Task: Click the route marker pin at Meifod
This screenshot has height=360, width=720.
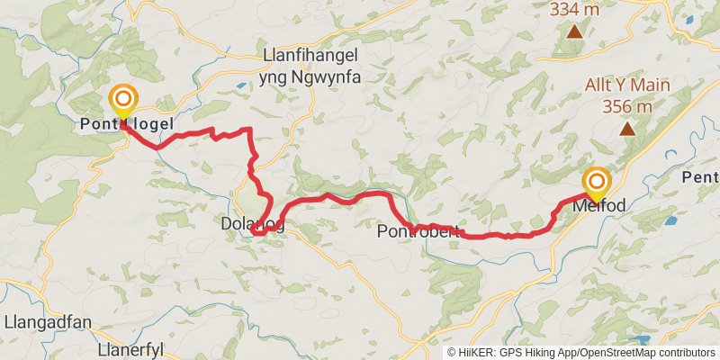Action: pos(595,183)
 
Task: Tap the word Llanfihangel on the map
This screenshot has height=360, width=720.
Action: pos(310,57)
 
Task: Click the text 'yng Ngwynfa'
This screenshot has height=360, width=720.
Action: pos(310,77)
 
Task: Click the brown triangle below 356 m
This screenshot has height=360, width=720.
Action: pos(626,129)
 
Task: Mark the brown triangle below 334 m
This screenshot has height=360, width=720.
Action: pos(575,31)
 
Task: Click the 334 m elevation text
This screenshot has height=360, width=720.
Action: pos(574,9)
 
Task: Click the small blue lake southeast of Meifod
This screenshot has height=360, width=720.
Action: pos(670,220)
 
